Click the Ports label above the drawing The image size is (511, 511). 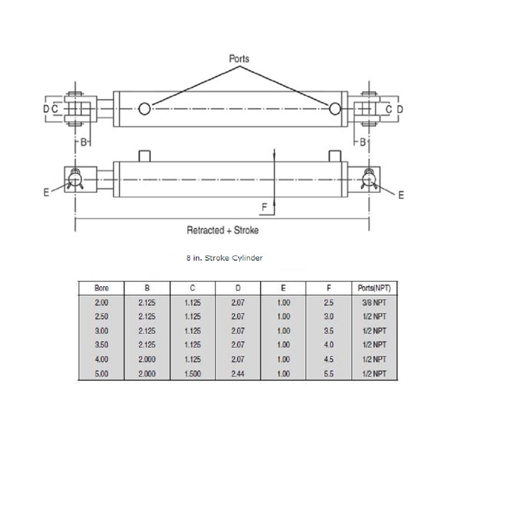pos(239,59)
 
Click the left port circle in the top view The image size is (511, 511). pos(145,108)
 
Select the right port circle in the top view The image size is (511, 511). pos(335,108)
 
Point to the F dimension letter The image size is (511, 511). pos(264,207)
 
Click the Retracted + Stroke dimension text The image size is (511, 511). pos(222,230)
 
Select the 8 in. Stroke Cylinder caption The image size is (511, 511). pos(224,258)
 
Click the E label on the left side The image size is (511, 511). pos(46,193)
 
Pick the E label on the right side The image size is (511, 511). pos(401,195)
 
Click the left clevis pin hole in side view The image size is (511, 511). pos(75,178)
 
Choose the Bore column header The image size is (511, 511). pos(101,288)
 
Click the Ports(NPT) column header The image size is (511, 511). pos(375,288)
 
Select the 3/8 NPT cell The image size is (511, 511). pos(375,303)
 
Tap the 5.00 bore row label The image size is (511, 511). pos(101,374)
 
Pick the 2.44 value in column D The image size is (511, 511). pos(238,374)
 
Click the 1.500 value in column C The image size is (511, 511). pos(193,374)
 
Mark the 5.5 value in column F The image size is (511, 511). pos(329,374)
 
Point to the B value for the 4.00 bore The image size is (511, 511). pos(147,360)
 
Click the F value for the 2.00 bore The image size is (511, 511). pos(329,303)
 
